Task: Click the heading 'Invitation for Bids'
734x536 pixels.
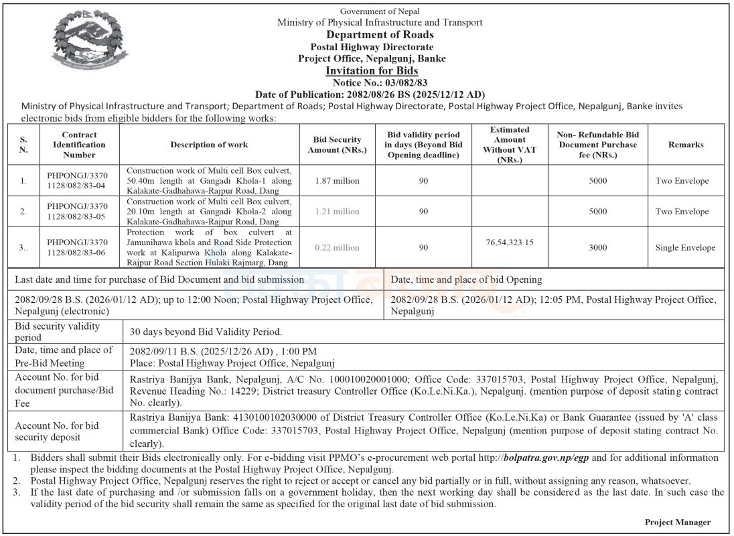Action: [x=372, y=71]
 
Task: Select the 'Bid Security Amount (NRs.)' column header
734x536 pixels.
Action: [x=338, y=145]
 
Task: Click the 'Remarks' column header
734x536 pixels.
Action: [x=685, y=145]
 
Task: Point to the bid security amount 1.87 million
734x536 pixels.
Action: [x=338, y=181]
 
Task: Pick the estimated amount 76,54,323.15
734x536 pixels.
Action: [x=510, y=242]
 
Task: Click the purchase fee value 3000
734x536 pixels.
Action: [x=598, y=247]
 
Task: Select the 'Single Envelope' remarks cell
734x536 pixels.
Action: [x=685, y=247]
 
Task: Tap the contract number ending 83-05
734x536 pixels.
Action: [x=80, y=212]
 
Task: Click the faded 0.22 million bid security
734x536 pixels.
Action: [x=338, y=247]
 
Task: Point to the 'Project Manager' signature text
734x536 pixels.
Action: [x=678, y=522]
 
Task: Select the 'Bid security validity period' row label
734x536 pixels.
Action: [x=58, y=332]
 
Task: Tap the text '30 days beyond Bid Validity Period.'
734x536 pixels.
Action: [x=206, y=332]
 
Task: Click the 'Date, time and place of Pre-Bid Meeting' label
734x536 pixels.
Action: [x=64, y=356]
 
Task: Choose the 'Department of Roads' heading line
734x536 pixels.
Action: [x=380, y=35]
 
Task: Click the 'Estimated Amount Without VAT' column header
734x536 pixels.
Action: [x=510, y=145]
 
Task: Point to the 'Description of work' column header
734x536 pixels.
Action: [x=209, y=145]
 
